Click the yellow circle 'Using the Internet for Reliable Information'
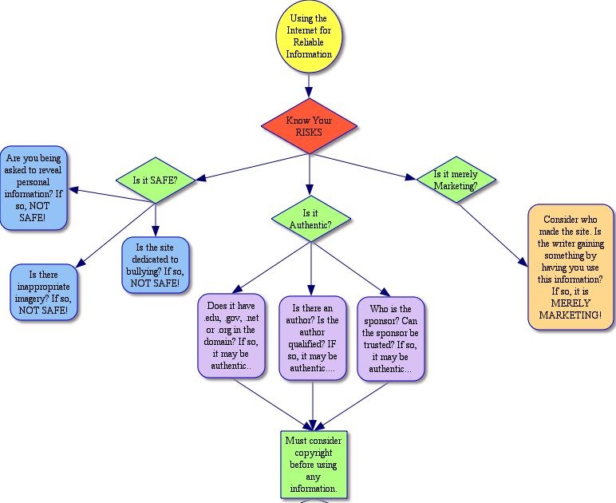click(310, 37)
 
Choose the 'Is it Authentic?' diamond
click(311, 219)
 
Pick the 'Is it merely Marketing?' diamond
click(456, 179)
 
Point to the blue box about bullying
click(156, 266)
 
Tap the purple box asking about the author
click(312, 336)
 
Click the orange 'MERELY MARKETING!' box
click(571, 266)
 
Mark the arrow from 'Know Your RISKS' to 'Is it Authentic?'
click(310, 173)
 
